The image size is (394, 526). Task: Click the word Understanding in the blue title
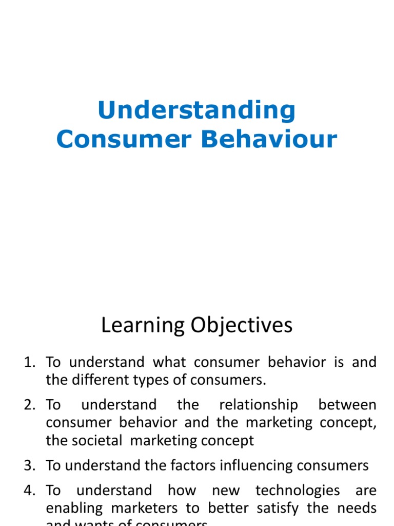(x=196, y=111)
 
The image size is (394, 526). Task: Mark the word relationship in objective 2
(x=258, y=405)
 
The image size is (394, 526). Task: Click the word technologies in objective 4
(x=298, y=490)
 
